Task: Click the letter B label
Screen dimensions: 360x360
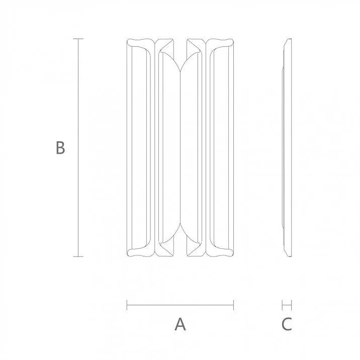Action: tap(60, 148)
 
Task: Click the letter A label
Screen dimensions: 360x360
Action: tap(180, 324)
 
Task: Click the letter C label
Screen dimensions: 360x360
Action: tap(286, 324)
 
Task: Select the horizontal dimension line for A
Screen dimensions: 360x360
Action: tap(180, 304)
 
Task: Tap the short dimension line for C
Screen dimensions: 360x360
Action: tap(287, 304)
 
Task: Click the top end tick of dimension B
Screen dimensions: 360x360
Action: tap(77, 39)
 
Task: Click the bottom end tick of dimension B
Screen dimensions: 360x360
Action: tap(77, 257)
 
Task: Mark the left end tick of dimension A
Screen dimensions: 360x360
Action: tap(127, 304)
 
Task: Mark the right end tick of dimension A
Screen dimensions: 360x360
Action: tap(234, 304)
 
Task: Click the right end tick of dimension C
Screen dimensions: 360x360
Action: tap(291, 304)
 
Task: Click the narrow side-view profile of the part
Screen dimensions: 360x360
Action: tap(287, 148)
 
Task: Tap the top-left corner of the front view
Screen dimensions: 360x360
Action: tap(128, 41)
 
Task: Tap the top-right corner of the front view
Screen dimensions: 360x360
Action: tap(233, 41)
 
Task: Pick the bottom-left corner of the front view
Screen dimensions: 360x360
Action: tap(128, 255)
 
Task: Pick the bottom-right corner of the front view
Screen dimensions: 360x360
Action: tap(233, 255)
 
